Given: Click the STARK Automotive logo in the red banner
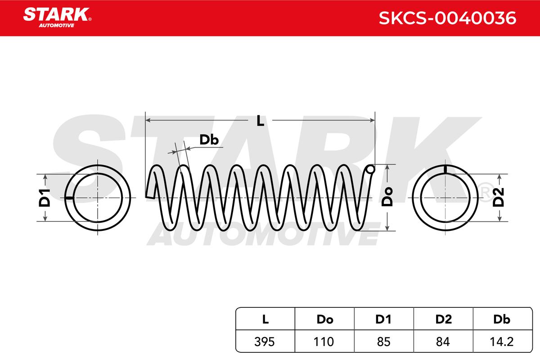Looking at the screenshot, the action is tap(57, 18).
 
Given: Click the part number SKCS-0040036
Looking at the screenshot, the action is tap(447, 18).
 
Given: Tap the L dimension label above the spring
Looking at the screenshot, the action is tap(261, 121).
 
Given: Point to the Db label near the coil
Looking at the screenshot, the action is tap(209, 140).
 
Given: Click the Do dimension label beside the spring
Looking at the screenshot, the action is tap(387, 197).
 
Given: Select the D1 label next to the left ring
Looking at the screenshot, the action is tap(45, 198).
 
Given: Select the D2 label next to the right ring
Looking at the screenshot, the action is tap(498, 197).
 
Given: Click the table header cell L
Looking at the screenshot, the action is tap(265, 319).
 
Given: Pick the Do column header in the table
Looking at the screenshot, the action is tap(325, 319).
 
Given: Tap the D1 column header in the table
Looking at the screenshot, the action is tap(383, 319).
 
